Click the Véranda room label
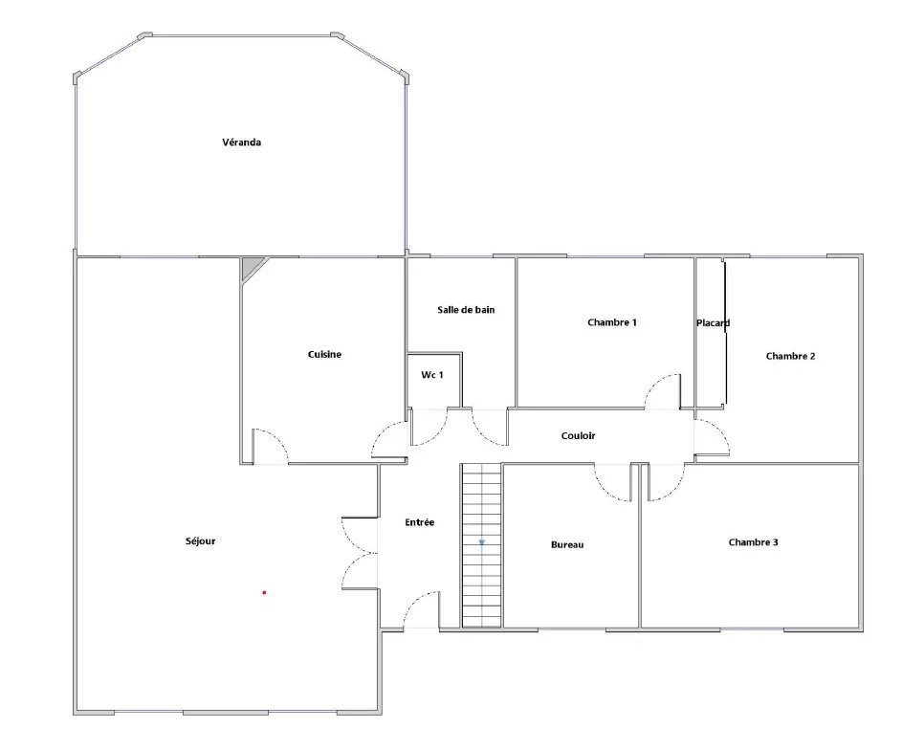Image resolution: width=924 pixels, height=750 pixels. (x=242, y=142)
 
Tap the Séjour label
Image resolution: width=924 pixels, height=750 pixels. (x=200, y=540)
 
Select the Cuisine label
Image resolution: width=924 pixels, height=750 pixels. (x=324, y=354)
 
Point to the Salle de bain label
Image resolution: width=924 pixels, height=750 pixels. (x=466, y=309)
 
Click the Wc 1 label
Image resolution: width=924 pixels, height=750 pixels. (x=432, y=375)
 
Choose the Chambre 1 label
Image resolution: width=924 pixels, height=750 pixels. (x=611, y=322)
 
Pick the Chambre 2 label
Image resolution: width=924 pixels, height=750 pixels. (x=790, y=356)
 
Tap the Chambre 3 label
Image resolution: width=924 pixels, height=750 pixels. (x=753, y=542)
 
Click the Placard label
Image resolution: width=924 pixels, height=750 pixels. (x=713, y=322)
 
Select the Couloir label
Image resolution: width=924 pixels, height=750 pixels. (x=578, y=436)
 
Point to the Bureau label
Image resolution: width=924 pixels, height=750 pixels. (x=567, y=545)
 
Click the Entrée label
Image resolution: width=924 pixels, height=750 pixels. (x=420, y=522)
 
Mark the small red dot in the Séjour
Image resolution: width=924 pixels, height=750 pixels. (x=264, y=593)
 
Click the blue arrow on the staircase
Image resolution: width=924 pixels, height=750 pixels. (x=481, y=542)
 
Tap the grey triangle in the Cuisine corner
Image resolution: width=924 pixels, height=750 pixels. (x=251, y=265)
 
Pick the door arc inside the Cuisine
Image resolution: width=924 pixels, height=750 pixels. (x=277, y=438)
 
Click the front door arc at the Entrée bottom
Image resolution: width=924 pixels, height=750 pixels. (x=413, y=602)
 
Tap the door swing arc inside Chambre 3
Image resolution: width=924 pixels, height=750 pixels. (x=674, y=490)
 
